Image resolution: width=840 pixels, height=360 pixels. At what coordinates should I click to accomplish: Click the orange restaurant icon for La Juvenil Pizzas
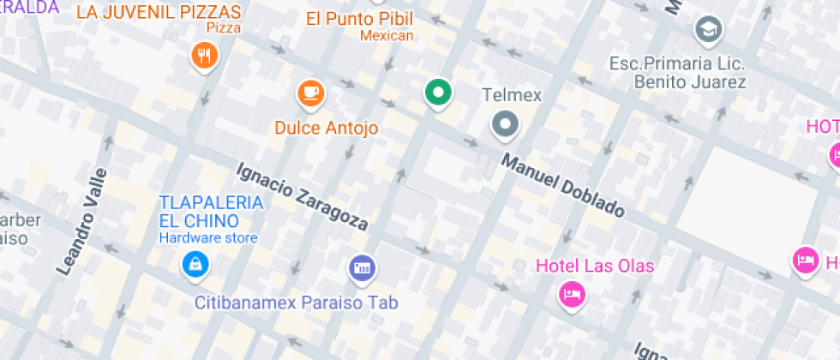coord(204,57)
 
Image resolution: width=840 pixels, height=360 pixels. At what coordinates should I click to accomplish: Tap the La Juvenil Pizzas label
coord(159,12)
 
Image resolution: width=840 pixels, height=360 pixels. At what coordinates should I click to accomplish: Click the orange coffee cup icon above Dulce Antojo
coord(310,93)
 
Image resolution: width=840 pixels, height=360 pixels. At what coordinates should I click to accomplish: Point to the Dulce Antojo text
coord(326,128)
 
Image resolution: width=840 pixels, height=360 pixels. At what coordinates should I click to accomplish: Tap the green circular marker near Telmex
coord(439,93)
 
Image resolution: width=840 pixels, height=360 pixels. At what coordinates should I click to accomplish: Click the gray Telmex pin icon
coord(505,125)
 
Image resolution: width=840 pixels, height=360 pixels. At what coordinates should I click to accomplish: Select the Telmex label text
coord(512,95)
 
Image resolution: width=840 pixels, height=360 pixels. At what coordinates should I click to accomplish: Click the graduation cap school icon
coord(709,30)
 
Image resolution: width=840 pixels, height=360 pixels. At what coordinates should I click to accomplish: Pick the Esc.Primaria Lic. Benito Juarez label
coord(677,74)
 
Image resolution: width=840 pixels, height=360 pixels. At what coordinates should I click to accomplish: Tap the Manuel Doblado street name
coord(562,185)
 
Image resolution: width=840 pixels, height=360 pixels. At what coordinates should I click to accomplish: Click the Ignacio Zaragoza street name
coord(303,196)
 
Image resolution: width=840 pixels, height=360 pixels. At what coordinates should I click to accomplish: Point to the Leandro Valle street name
coord(82,220)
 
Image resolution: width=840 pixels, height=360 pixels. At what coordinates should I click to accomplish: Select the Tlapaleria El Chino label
coord(210,211)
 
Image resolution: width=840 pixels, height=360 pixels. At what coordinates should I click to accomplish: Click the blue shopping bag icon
coord(195,263)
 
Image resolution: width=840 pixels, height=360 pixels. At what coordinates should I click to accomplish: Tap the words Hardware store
coord(207,237)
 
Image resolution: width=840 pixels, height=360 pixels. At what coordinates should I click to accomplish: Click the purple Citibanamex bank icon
coord(362,268)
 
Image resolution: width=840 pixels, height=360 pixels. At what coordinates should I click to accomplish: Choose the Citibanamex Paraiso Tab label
coord(296,303)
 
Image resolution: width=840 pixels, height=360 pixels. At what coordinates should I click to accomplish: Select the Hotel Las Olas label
coord(595,266)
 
